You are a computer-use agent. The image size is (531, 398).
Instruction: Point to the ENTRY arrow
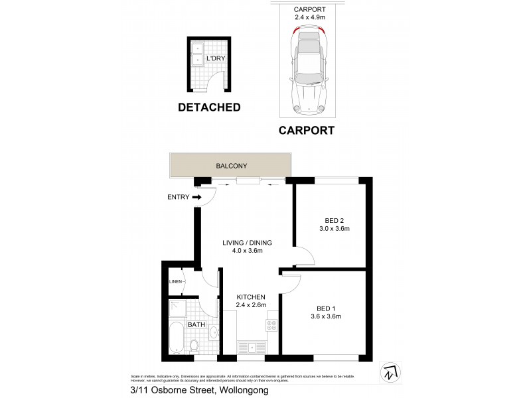[197, 197]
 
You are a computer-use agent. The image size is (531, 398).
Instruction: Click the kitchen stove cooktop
[271, 326]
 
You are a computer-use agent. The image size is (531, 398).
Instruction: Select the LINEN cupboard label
[175, 281]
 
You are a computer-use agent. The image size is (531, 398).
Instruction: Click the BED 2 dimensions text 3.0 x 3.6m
[334, 229]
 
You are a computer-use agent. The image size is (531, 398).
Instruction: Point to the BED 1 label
[325, 308]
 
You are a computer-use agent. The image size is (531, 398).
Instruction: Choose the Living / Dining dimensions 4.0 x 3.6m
[247, 251]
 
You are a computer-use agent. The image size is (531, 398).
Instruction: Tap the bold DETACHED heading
[208, 107]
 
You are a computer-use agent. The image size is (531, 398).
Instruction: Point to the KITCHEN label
[251, 297]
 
